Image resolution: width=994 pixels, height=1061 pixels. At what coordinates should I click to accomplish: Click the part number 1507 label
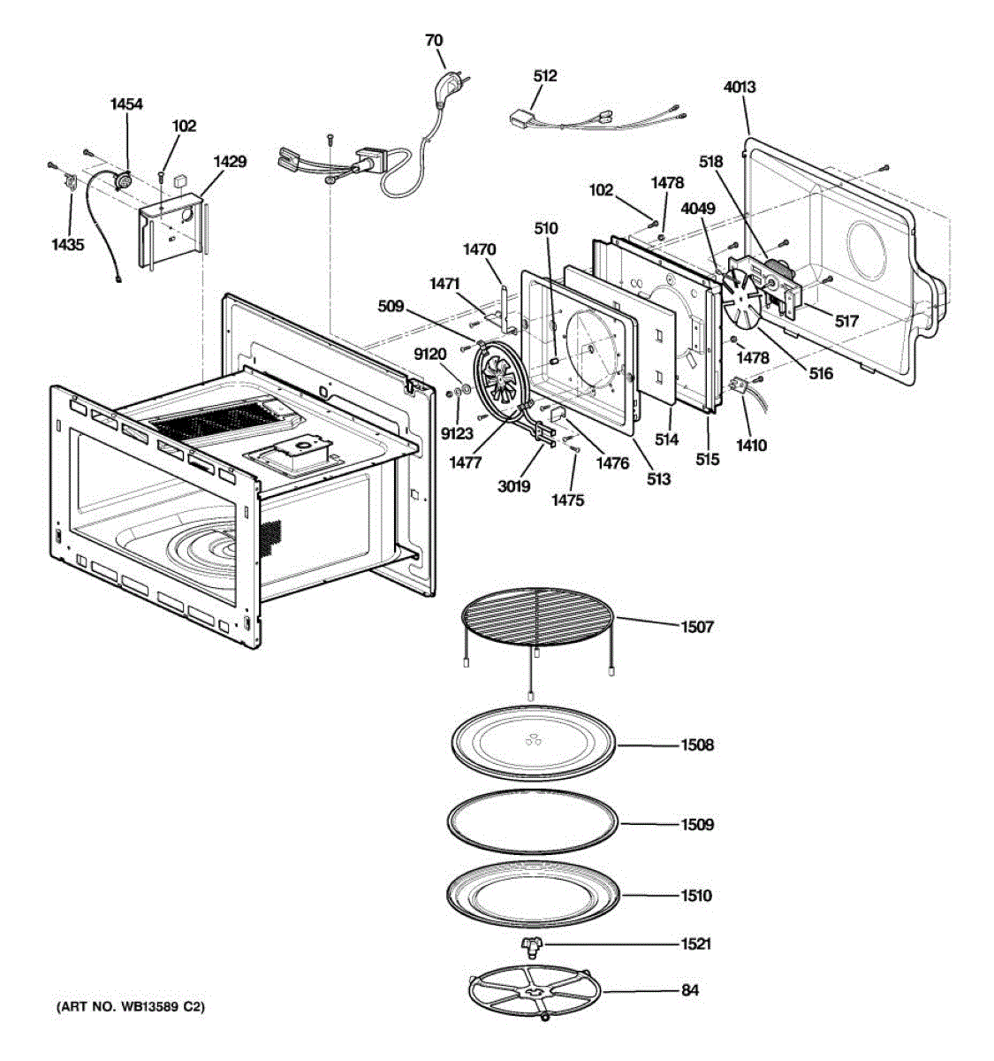click(x=696, y=627)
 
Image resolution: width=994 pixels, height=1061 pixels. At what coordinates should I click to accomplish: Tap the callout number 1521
click(x=695, y=944)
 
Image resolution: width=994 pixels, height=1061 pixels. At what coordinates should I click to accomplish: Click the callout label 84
click(x=689, y=990)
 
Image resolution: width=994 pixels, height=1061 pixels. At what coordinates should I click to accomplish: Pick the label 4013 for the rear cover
click(x=739, y=88)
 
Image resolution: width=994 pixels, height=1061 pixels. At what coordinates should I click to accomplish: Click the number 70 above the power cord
click(x=434, y=40)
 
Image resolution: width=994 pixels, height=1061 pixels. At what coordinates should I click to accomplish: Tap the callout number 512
click(x=545, y=76)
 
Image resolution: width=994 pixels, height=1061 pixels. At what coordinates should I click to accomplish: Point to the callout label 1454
click(x=126, y=104)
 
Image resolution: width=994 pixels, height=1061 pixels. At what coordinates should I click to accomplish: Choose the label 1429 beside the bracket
click(x=230, y=162)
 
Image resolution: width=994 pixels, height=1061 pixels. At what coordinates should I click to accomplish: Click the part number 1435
click(x=67, y=245)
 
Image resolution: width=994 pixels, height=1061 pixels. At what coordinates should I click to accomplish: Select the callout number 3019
click(x=513, y=485)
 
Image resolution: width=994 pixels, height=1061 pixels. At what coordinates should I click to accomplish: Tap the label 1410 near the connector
click(x=751, y=445)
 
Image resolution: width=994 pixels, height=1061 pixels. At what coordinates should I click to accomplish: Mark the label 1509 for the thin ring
click(x=696, y=825)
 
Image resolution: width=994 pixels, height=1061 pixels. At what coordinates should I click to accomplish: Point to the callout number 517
click(x=846, y=321)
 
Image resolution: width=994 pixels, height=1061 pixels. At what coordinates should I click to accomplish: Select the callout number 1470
click(x=480, y=250)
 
